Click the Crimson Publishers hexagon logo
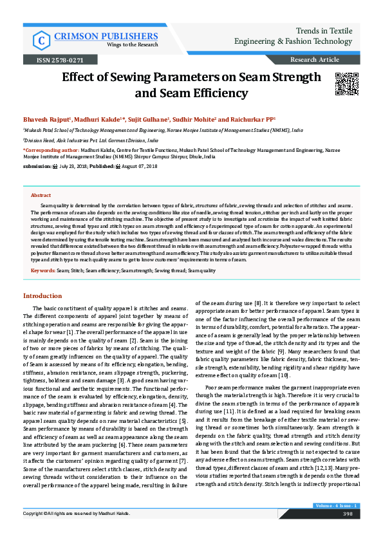(42, 40)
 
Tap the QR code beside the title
(346, 84)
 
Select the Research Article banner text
(315, 60)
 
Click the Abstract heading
(41, 195)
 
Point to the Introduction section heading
(42, 295)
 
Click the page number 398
(348, 532)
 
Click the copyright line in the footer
(77, 532)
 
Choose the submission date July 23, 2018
(76, 166)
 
